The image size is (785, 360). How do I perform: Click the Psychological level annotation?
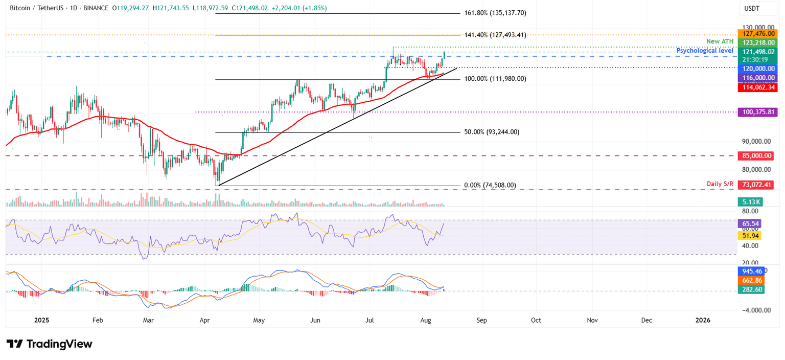[705, 51]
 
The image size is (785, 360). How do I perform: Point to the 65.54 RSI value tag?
[750, 223]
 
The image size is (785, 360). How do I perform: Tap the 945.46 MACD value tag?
[750, 271]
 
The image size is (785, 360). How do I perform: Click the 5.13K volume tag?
[750, 202]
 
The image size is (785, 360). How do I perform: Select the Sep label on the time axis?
[482, 320]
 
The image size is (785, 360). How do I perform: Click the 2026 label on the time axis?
[703, 320]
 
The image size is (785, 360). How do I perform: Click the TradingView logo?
[50, 344]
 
